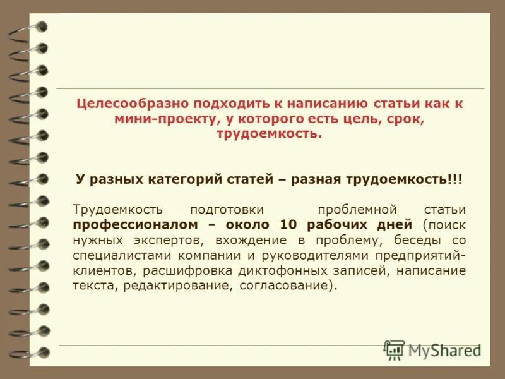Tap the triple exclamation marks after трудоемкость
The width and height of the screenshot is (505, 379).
[x=455, y=179]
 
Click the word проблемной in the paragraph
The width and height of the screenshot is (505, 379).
[x=357, y=209]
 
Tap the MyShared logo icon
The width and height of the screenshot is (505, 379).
[x=395, y=349]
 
